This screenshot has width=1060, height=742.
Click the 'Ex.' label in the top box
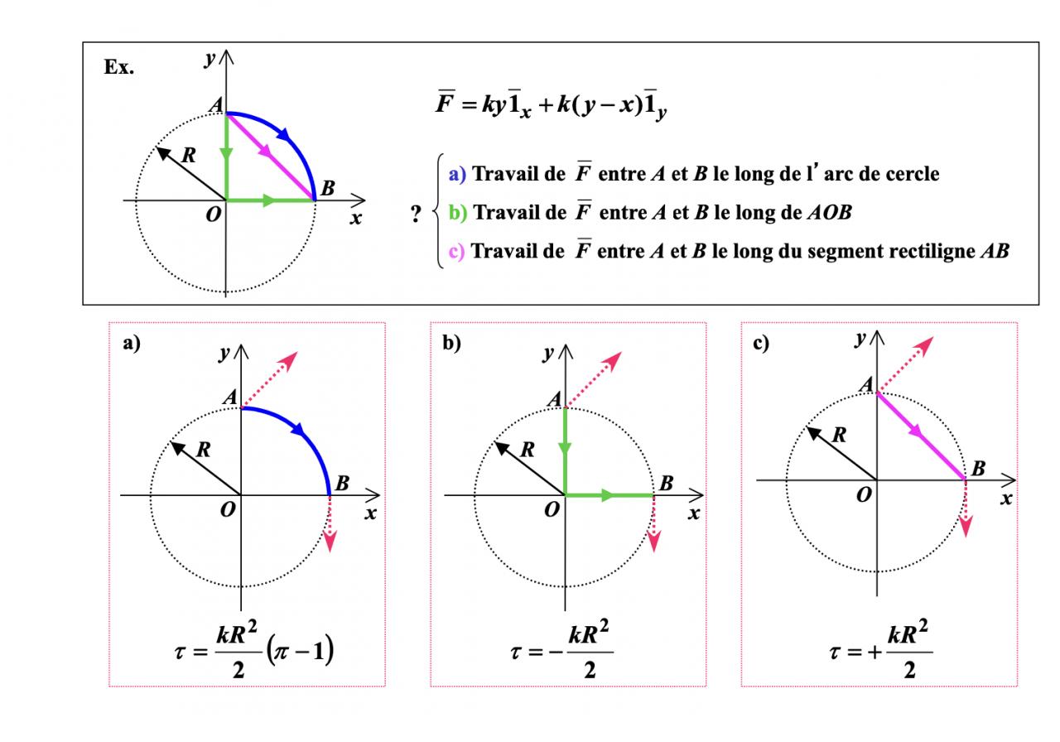[x=119, y=68]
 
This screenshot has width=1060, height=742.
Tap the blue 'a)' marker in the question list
[x=458, y=174]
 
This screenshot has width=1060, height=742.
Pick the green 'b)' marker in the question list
[x=458, y=213]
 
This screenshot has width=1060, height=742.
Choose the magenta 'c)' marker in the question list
[x=458, y=251]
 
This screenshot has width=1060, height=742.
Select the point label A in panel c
[x=865, y=384]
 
